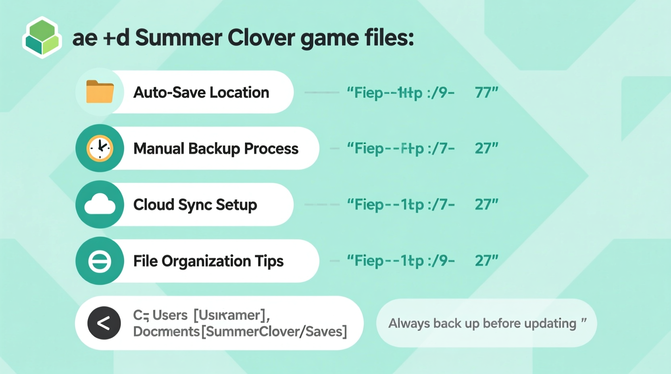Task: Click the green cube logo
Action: coord(42,37)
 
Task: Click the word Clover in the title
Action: coord(261,38)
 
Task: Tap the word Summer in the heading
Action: coord(178,38)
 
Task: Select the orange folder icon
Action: coord(100,92)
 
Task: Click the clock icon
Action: coord(100,148)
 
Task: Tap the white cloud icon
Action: coord(100,204)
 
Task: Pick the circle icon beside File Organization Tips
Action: coord(100,261)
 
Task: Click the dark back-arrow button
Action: coord(104,323)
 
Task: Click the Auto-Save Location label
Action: coord(201,92)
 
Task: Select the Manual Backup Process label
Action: coord(216,148)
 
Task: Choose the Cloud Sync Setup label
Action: coord(195,205)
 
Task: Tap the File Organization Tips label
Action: coord(208,261)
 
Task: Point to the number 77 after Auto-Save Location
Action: coord(486,92)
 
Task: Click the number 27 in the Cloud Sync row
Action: coord(486,204)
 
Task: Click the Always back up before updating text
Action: coord(482,323)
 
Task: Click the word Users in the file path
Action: coord(170,315)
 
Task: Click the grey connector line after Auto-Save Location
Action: coord(321,92)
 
